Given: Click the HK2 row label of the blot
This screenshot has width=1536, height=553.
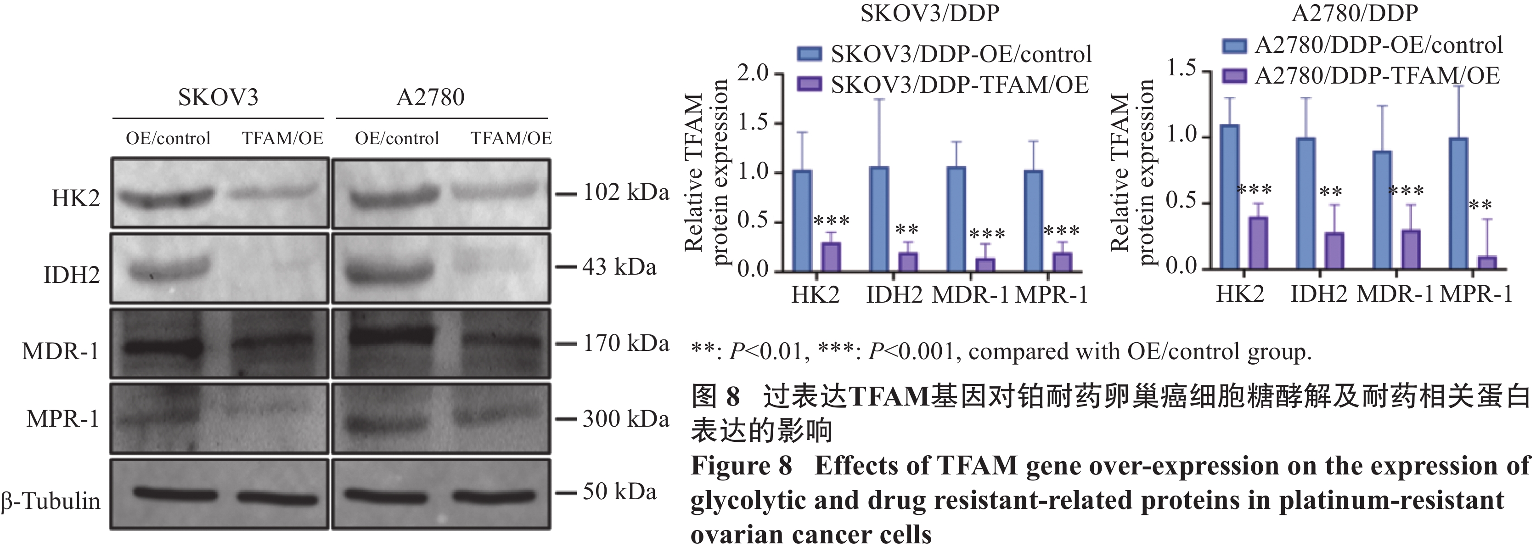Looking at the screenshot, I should coord(76,198).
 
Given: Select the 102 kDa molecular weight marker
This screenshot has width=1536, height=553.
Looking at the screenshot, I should coord(625,193).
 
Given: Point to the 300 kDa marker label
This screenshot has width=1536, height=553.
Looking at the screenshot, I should coord(625,419).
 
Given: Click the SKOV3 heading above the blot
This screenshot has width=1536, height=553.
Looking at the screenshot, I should coord(218,97).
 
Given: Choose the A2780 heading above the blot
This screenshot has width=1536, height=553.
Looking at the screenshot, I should coord(430,97).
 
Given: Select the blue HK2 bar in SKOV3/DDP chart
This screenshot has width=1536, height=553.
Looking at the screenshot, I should coord(803,221).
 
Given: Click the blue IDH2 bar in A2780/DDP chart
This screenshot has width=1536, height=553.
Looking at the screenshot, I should coord(1306,203).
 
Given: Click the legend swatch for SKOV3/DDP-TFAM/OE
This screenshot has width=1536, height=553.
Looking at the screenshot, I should coord(810,85).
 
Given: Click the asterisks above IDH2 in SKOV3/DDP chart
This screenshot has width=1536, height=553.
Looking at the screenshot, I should coord(906,230).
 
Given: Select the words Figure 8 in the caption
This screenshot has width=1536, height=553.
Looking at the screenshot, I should coord(741,466).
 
